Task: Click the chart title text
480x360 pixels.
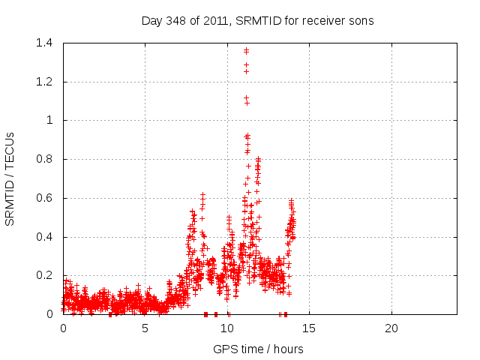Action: (257, 20)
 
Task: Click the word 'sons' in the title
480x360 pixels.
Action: (360, 20)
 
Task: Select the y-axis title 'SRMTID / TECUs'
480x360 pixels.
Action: (10, 178)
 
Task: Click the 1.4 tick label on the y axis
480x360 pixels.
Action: (47, 43)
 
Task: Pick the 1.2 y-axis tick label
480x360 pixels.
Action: (47, 82)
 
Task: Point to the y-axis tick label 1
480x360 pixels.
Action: (52, 120)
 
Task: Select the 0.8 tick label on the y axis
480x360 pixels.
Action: (47, 159)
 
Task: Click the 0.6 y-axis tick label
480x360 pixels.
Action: (47, 198)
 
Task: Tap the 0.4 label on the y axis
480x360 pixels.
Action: (47, 237)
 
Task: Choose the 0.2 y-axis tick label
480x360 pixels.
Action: (47, 276)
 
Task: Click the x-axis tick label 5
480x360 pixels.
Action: (145, 328)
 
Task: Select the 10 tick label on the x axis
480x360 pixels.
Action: (227, 328)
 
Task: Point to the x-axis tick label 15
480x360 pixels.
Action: (309, 328)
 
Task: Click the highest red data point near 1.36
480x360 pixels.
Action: (246, 50)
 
